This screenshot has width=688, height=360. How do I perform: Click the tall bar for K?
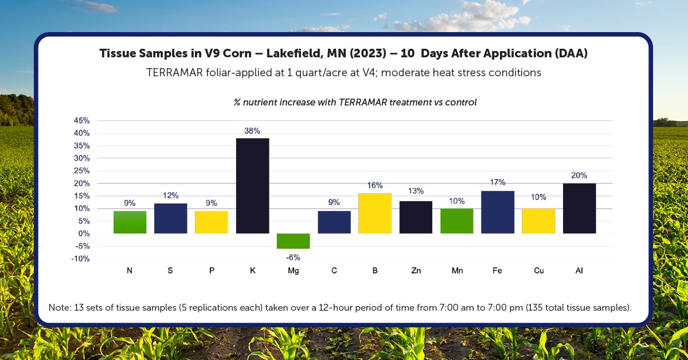252,186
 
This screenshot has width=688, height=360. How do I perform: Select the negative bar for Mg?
293,241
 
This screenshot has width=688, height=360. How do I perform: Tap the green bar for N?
130,222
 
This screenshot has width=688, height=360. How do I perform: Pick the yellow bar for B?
374,213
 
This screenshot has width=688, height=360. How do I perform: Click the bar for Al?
579,209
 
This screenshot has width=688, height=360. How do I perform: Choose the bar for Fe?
497,212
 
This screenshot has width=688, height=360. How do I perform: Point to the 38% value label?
252,131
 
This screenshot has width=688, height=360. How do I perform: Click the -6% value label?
293,257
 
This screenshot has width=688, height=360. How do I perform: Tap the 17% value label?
497,182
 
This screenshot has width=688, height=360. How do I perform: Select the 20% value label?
579,175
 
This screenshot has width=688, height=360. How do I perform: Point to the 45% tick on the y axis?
81,120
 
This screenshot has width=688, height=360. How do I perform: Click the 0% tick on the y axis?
84,233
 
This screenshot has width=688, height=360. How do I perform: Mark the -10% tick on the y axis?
80,259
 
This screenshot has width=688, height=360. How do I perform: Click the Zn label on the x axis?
416,271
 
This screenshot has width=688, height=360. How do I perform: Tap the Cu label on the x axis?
538,271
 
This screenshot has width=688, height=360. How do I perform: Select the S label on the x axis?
170,271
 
